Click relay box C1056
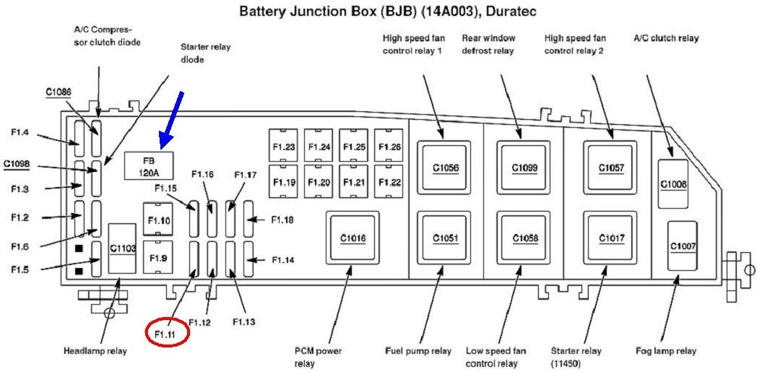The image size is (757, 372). tap(445, 168)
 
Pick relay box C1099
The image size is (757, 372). tap(524, 168)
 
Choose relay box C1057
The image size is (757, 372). tap(611, 168)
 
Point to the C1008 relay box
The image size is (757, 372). tap(673, 183)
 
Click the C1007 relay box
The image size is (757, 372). tap(682, 246)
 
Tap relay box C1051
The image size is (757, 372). tap(445, 238)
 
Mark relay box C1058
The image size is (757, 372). tap(524, 238)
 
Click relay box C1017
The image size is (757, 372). tap(611, 238)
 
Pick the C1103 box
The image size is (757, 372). tap(123, 248)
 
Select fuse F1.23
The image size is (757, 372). tap(284, 147)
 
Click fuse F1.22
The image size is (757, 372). tap(389, 182)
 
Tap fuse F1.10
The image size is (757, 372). tap(160, 220)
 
